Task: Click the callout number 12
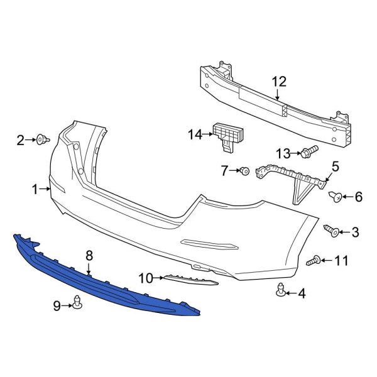[278, 81]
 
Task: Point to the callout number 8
[89, 255]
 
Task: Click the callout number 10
[145, 277]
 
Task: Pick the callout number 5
[335, 167]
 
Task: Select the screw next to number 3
[331, 232]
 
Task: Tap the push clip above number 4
[281, 290]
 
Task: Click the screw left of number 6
[337, 197]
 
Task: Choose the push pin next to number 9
[79, 305]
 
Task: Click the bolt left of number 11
[314, 259]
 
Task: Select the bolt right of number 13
[309, 151]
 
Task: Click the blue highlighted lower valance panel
[101, 283]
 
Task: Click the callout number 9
[57, 306]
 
